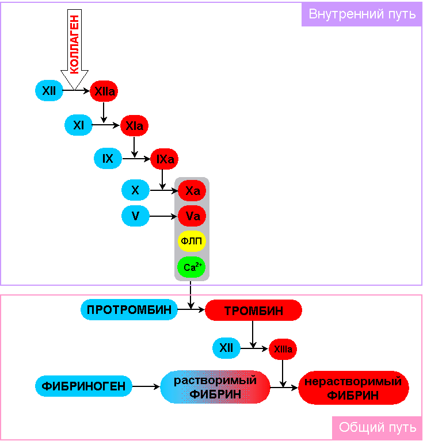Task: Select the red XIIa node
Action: (104, 91)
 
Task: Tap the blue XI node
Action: (79, 125)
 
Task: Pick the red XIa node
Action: (134, 126)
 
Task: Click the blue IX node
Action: (108, 159)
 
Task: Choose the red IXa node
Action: (165, 159)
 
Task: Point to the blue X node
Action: (135, 189)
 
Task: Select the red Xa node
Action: (192, 190)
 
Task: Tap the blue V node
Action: (135, 216)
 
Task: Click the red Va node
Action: (192, 216)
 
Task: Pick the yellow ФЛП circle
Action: (192, 241)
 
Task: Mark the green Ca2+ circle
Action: (192, 267)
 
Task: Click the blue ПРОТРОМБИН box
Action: (128, 310)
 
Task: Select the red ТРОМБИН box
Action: (253, 310)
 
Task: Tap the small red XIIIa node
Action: (283, 348)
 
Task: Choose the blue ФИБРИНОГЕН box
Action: (84, 386)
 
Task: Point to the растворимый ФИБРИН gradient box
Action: (215, 388)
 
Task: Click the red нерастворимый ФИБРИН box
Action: (353, 388)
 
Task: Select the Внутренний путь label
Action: (362, 14)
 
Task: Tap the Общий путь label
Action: (377, 428)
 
